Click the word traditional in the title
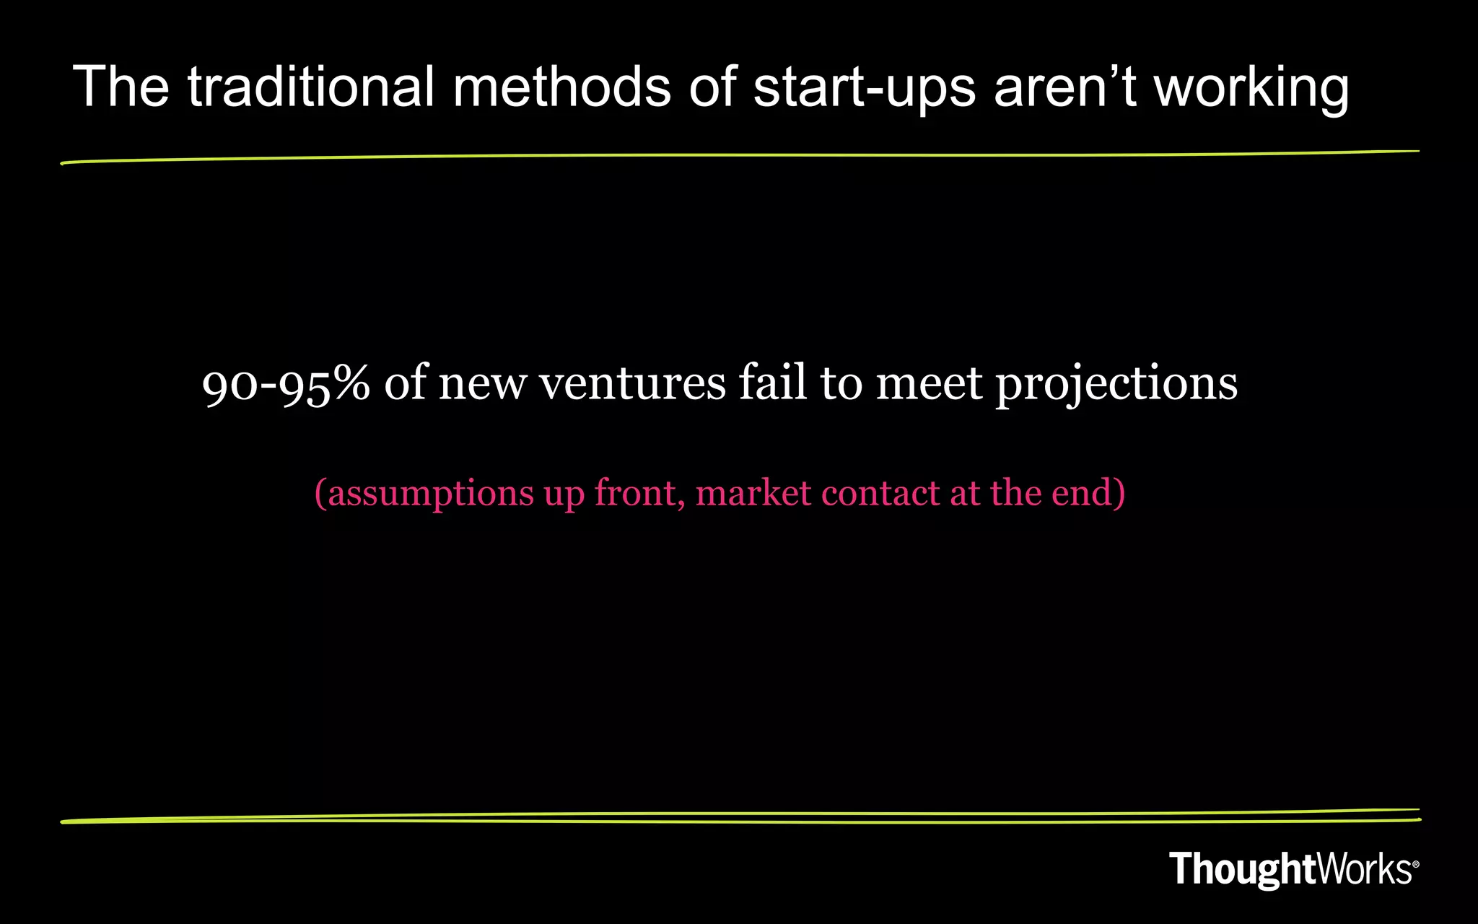(311, 87)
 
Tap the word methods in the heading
(561, 87)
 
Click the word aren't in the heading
(1065, 87)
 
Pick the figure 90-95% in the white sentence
(286, 383)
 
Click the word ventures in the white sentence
(632, 383)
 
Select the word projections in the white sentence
(1116, 385)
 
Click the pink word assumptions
(430, 494)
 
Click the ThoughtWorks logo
(1290, 868)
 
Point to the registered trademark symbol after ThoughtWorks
(1415, 864)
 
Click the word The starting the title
(121, 87)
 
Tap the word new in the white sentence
(482, 385)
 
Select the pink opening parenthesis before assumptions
(320, 494)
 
